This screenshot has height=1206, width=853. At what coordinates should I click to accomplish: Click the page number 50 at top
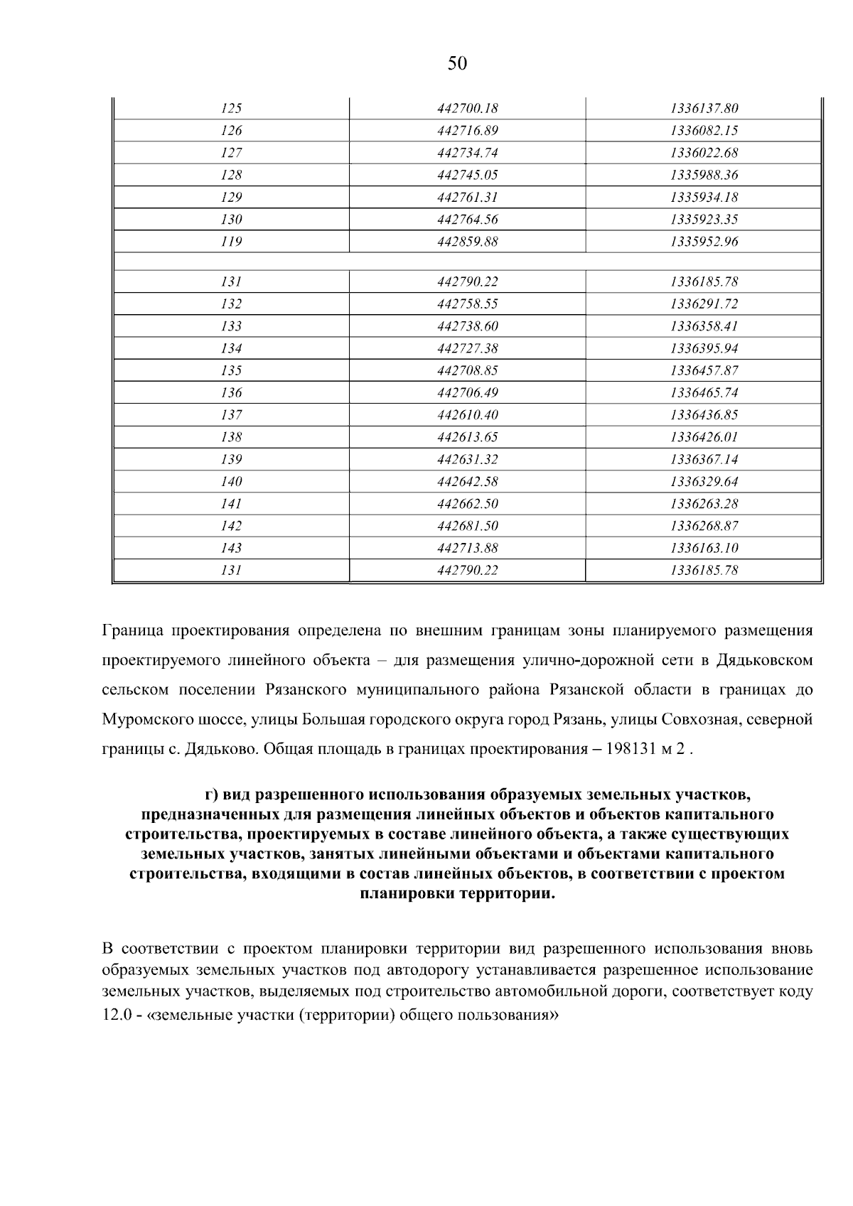coord(458,64)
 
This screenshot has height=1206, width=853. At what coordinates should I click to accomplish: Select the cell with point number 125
coord(232,109)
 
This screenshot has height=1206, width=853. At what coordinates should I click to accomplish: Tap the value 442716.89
coord(467,131)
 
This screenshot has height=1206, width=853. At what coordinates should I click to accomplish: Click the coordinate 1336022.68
coord(704,153)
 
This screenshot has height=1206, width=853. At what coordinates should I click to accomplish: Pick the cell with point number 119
coord(232,242)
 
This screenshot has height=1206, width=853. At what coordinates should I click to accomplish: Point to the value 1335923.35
coord(704,220)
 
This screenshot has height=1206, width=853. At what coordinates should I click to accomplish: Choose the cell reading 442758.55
coord(467,304)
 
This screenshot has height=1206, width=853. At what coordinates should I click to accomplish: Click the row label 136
coord(232,393)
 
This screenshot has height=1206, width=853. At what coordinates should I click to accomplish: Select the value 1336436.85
coord(704,415)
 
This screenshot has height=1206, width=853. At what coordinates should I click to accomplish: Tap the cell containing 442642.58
coord(467,482)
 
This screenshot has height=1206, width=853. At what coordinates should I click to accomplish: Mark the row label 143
coord(232,548)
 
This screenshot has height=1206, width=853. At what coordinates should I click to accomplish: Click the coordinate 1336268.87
coord(704,526)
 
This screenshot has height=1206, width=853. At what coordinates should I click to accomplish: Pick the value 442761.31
coord(467,198)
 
